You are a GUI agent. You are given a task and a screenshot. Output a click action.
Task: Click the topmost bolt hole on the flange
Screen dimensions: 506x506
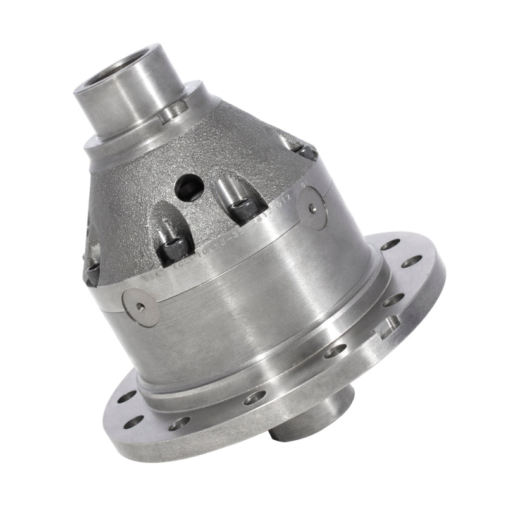390,244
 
